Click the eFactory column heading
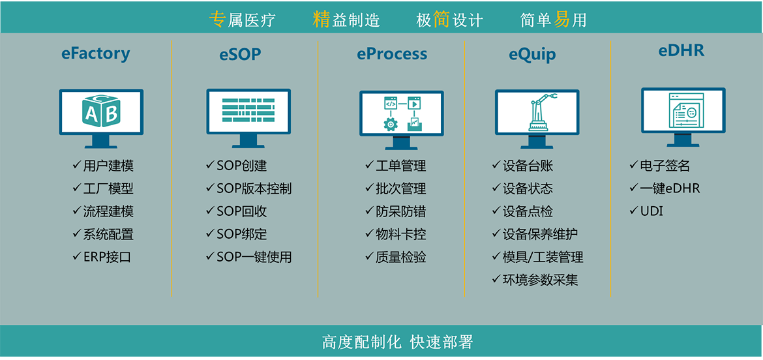pos(96,53)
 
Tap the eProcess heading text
pos(392,54)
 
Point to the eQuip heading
pos(532,55)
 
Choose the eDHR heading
pos(681,51)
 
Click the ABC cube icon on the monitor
pos(100,111)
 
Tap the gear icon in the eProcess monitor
pos(390,125)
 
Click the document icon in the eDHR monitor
pos(683,112)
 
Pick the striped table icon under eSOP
pos(248,110)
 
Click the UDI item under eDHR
pos(646,211)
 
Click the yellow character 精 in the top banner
pos(322,19)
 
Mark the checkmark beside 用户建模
pos(77,166)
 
